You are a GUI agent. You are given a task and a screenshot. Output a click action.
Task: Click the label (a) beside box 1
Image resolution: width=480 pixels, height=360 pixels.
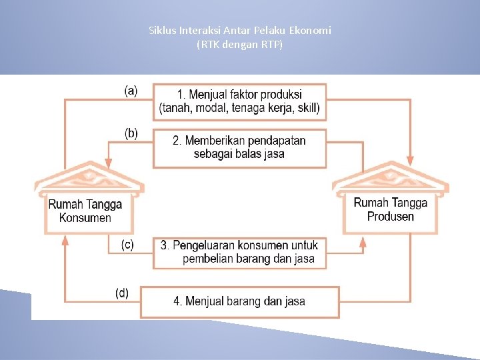pyautogui.click(x=131, y=91)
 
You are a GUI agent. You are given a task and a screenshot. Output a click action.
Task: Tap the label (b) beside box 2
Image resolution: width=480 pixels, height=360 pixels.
pyautogui.click(x=131, y=133)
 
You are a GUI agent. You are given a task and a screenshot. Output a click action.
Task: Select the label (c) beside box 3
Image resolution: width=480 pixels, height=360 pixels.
pyautogui.click(x=127, y=245)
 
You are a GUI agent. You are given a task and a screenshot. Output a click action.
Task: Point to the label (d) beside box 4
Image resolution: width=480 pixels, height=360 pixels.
pyautogui.click(x=123, y=293)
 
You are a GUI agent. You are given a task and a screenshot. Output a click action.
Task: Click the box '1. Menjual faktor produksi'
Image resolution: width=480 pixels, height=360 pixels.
pyautogui.click(x=239, y=101)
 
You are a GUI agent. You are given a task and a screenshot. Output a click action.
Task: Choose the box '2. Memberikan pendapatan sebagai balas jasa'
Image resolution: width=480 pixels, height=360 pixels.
pyautogui.click(x=239, y=147)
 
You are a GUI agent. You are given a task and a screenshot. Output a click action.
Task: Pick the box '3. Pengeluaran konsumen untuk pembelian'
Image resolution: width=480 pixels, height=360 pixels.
pyautogui.click(x=239, y=252)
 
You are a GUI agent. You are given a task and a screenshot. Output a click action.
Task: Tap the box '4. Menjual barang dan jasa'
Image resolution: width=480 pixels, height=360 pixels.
pyautogui.click(x=239, y=301)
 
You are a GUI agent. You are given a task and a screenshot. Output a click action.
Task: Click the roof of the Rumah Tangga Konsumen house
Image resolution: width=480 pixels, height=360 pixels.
pyautogui.click(x=89, y=178)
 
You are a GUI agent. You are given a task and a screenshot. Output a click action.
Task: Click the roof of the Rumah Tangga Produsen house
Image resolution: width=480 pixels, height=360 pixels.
pyautogui.click(x=391, y=178)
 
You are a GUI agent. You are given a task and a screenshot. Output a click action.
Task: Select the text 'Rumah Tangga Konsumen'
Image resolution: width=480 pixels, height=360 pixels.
pyautogui.click(x=85, y=211)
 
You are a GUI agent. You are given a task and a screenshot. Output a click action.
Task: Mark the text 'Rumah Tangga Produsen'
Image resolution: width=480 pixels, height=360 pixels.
pyautogui.click(x=391, y=209)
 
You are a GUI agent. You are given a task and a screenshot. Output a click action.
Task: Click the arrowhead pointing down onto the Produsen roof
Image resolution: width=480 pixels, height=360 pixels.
pyautogui.click(x=409, y=161)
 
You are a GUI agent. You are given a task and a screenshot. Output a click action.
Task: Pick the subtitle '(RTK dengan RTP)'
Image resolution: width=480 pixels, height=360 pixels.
pyautogui.click(x=239, y=45)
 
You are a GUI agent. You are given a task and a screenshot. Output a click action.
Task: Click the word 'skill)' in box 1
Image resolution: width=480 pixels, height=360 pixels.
pyautogui.click(x=307, y=108)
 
